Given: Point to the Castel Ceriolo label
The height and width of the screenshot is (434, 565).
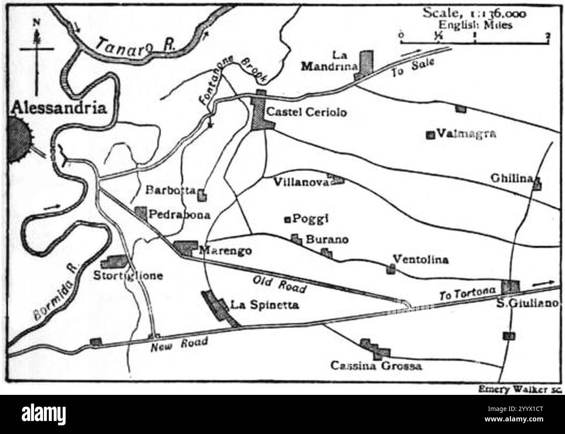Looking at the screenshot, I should [x=307, y=113].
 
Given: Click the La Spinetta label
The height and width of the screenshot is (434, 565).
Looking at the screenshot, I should [x=265, y=305].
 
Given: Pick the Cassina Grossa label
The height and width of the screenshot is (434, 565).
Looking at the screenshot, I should [x=376, y=366].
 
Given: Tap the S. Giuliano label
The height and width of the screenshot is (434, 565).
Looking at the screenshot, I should [x=527, y=304].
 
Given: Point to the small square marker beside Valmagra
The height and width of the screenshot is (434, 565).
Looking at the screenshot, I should [x=431, y=135].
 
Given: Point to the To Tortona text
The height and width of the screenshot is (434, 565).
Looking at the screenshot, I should [x=467, y=294].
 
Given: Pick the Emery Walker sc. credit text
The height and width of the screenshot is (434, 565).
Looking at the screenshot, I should [x=520, y=390].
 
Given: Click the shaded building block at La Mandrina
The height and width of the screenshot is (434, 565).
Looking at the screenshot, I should [x=366, y=63].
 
